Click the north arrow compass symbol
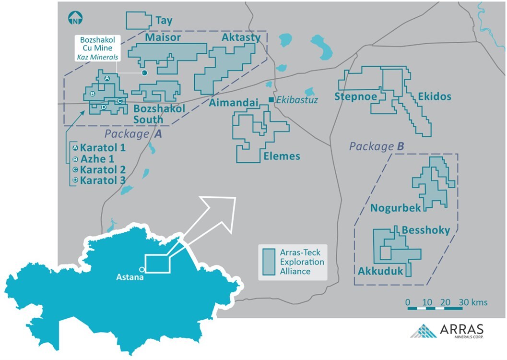tap(75, 19)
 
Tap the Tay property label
tap(164, 21)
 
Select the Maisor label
tap(163, 37)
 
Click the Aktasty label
tap(241, 37)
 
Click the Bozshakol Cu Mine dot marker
tap(144, 73)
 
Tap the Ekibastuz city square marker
tap(271, 99)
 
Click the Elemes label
tap(282, 156)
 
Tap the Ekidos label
tap(435, 96)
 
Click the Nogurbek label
tap(395, 208)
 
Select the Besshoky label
tap(426, 230)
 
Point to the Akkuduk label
tap(380, 271)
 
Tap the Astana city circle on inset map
tap(141, 269)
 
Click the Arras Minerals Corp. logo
tap(448, 331)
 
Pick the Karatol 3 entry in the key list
tap(103, 180)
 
